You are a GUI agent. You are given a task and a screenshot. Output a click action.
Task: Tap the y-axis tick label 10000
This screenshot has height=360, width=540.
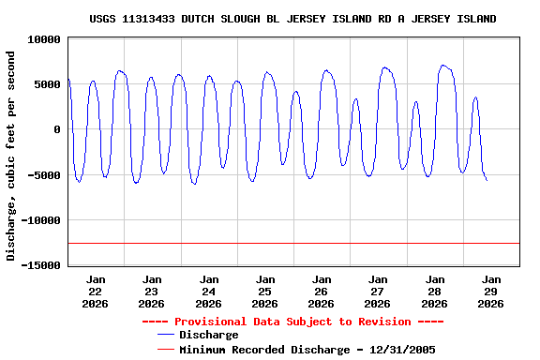pos(44,39)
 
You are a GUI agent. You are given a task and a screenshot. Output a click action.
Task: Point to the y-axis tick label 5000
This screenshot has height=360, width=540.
pos(47,84)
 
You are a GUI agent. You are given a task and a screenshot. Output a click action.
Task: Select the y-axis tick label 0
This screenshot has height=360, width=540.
pos(57,129)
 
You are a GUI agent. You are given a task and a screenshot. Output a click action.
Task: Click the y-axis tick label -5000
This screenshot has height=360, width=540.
pos(44,175)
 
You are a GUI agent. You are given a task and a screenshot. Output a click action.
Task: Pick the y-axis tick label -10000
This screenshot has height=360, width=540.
pos(41,220)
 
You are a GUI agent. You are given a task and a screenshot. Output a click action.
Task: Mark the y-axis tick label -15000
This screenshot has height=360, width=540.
pos(41,265)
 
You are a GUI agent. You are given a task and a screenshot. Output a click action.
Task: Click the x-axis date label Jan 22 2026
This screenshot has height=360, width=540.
pos(96,291)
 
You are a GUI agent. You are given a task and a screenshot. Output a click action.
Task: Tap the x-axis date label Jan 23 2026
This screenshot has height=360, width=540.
pos(152,291)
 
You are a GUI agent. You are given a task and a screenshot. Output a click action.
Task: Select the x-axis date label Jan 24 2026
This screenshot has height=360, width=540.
pos(208,291)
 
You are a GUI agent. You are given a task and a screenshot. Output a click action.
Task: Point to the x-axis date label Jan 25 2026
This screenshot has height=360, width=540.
pos(265,291)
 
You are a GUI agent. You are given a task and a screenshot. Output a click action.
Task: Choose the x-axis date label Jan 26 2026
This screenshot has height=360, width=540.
pos(322,291)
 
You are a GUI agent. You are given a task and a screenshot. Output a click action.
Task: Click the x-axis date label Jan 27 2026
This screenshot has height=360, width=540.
pos(378,291)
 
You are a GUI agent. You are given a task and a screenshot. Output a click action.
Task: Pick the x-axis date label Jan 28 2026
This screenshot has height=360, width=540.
pos(435,291)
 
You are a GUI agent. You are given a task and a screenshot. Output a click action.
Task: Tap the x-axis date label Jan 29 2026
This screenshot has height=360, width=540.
pos(491,291)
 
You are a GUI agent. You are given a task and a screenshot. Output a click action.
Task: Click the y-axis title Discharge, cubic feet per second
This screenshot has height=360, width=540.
pos(11,156)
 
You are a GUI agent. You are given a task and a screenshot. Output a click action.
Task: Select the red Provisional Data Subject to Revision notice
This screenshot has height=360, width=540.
pos(292,322)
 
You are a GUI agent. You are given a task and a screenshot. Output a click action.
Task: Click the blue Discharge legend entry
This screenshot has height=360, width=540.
pos(208,335)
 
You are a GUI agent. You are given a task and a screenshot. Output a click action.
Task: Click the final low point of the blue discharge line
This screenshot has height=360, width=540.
pos(487,180)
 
